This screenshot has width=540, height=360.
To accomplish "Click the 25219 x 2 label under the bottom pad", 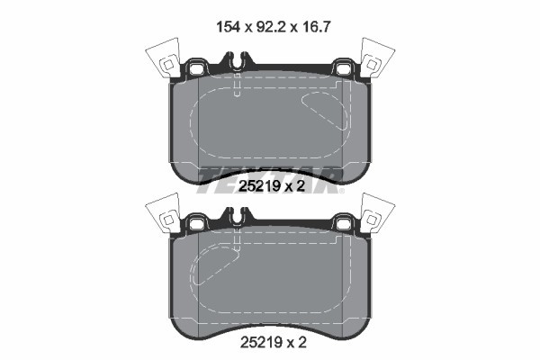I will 270,343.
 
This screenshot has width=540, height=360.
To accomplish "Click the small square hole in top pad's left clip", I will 167,65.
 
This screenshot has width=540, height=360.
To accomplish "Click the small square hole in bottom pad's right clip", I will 370,219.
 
